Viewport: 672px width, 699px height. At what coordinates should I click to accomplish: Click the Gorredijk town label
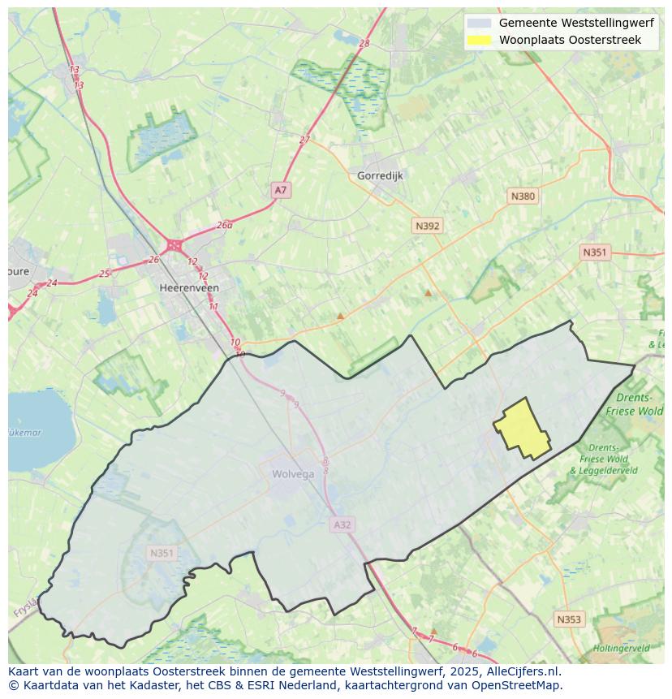(380, 175)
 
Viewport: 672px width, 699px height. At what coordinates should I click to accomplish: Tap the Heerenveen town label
(189, 288)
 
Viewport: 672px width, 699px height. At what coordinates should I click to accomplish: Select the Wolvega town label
(293, 475)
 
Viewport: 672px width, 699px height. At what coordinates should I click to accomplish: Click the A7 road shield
(281, 190)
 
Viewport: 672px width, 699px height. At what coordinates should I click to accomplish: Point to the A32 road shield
(342, 525)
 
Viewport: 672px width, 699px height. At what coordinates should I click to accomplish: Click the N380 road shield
(523, 196)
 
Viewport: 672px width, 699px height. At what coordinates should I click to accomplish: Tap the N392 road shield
(427, 227)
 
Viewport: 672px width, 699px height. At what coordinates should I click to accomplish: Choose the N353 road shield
(569, 619)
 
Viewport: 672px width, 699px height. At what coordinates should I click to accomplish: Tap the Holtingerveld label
(621, 648)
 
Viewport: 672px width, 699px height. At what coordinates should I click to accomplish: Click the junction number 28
(364, 44)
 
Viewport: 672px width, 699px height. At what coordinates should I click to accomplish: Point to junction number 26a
(225, 226)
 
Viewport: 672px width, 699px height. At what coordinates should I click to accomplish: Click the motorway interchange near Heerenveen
(174, 245)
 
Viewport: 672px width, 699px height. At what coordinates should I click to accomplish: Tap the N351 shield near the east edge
(594, 252)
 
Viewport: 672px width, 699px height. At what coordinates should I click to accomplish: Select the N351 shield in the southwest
(162, 554)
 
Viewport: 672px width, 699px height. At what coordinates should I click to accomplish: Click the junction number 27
(304, 140)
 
